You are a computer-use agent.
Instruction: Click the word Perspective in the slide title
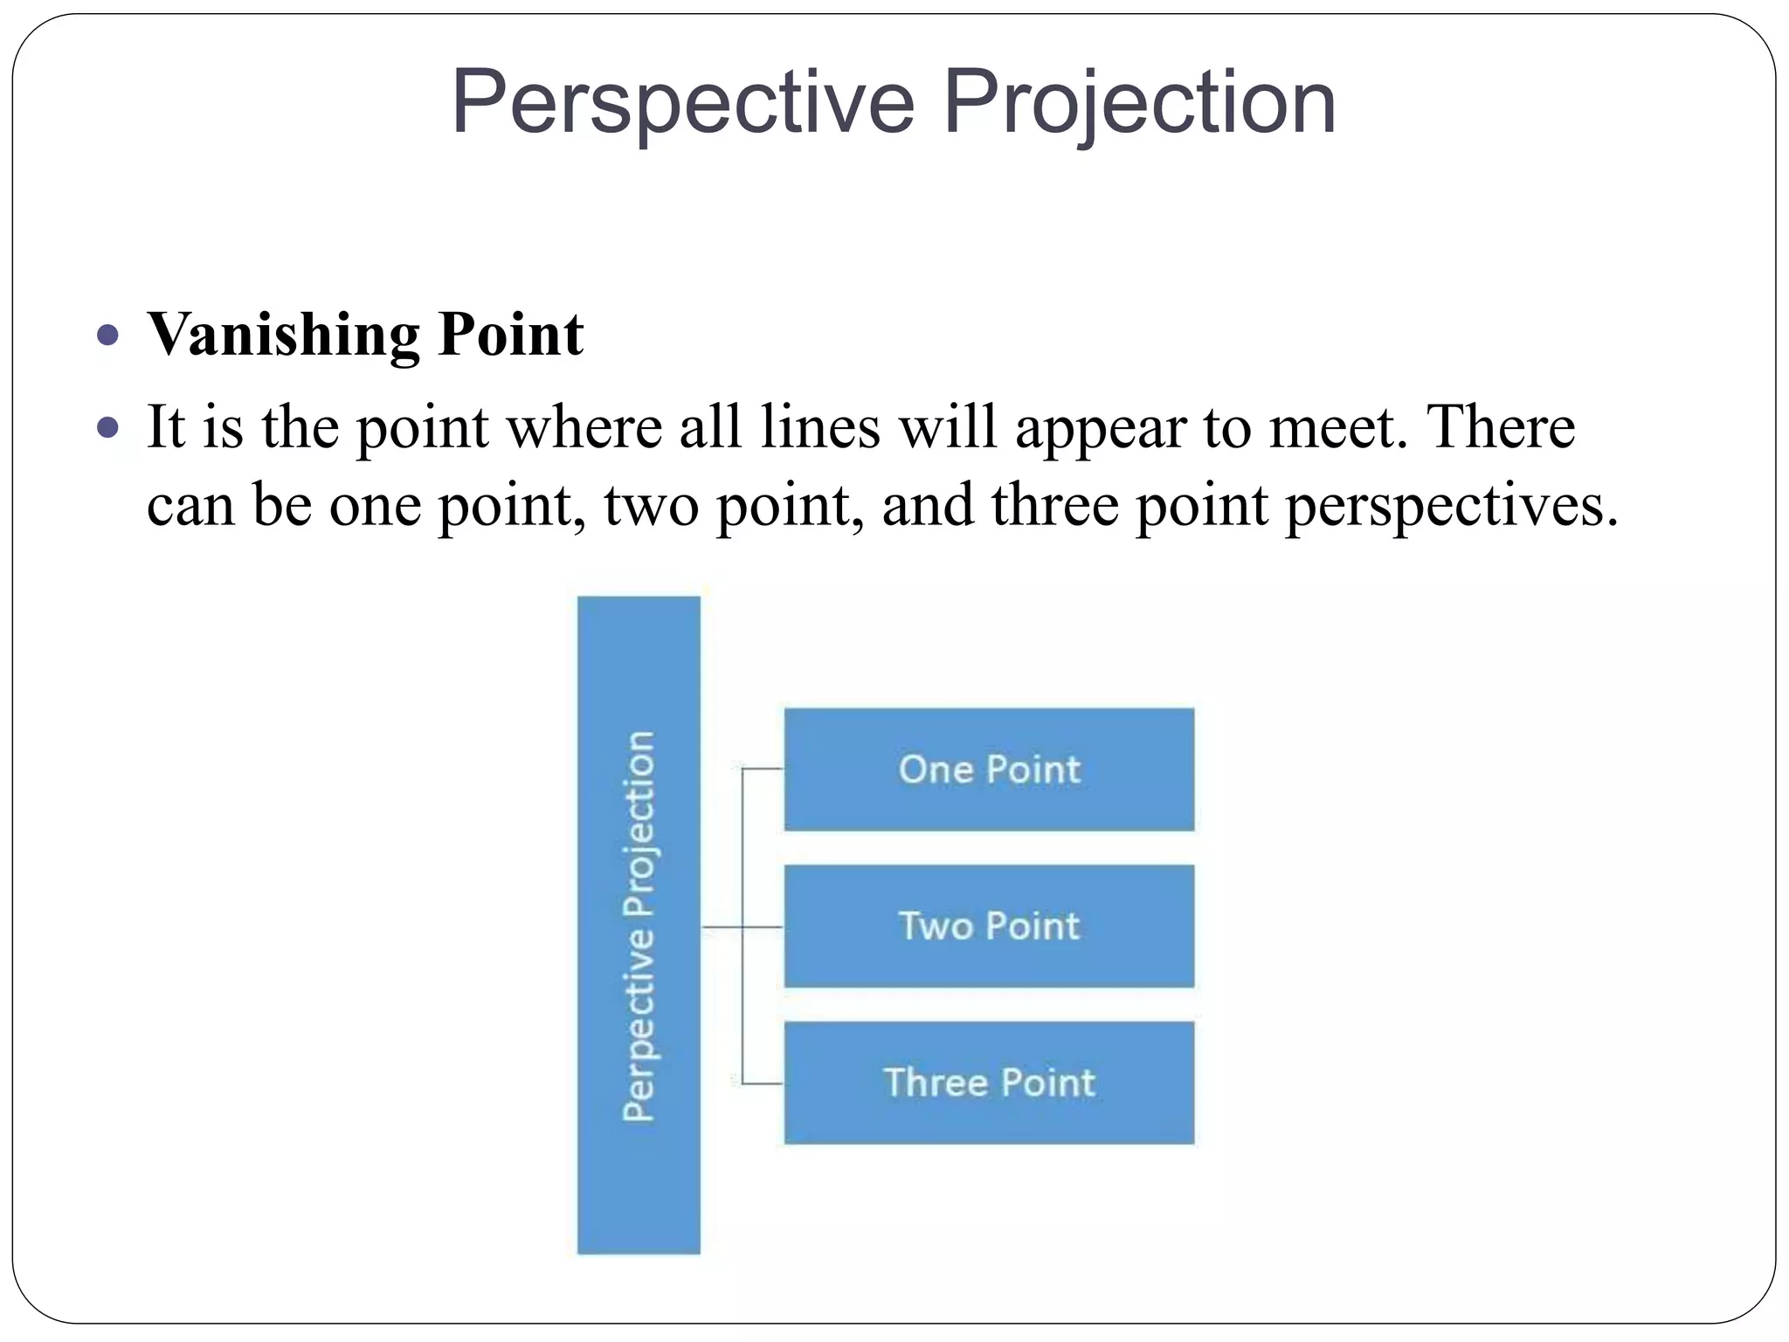(x=682, y=103)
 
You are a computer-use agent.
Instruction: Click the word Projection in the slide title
(x=1139, y=103)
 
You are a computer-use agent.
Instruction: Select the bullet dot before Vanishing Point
(x=108, y=335)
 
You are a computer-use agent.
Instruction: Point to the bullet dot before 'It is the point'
(x=108, y=428)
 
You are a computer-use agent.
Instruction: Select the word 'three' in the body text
(x=1054, y=505)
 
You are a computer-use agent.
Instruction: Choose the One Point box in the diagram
(x=989, y=770)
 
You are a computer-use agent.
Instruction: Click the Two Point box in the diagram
(x=989, y=926)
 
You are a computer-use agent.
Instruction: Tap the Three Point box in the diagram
(x=989, y=1083)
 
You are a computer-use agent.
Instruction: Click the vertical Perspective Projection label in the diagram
(x=639, y=926)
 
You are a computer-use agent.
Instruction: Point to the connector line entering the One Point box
(x=763, y=769)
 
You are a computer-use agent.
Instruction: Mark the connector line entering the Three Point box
(x=763, y=1083)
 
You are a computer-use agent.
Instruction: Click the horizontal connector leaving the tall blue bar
(x=722, y=926)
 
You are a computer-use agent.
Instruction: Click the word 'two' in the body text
(x=651, y=505)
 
